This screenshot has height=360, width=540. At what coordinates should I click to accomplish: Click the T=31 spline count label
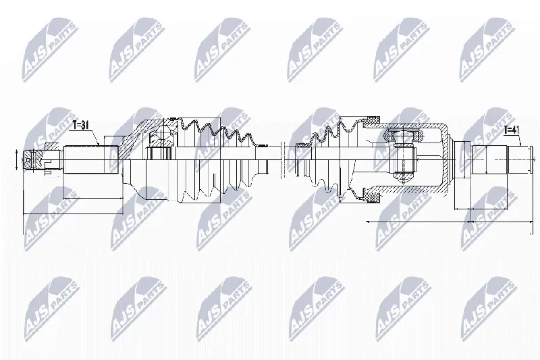(x=80, y=126)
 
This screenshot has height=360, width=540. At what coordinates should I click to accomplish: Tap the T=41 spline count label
(x=512, y=130)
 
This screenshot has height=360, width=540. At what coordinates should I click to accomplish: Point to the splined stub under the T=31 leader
(x=91, y=159)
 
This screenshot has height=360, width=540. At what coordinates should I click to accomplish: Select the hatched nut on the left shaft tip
(x=34, y=160)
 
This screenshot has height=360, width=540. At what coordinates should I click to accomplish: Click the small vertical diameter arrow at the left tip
(x=17, y=160)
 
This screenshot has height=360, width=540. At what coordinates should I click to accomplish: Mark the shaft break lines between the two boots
(x=283, y=159)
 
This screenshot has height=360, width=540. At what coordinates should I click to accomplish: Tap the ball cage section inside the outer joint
(x=162, y=138)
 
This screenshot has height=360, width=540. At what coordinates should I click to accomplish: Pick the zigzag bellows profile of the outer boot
(x=217, y=132)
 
